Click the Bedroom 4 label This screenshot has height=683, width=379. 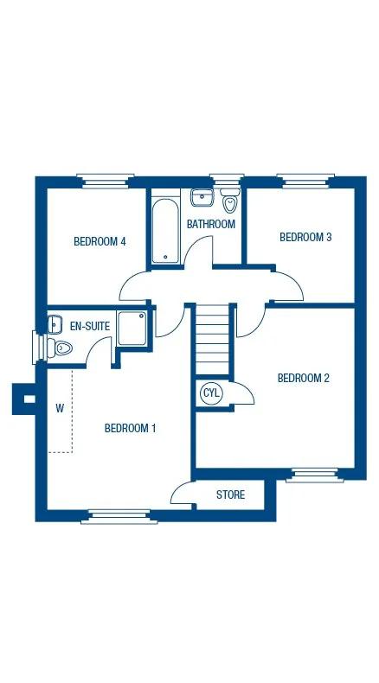pos(100,241)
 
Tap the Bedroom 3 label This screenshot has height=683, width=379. pos(305,238)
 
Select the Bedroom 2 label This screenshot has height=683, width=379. pos(304,378)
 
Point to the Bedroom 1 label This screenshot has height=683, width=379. pos(130,428)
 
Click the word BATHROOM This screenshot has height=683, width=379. pos(211,224)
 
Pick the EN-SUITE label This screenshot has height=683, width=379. pos(90,326)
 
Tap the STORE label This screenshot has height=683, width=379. pos(231,495)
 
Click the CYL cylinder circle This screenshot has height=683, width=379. pos(212,393)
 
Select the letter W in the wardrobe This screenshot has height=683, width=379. pos(60,409)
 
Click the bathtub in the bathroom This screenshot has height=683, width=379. pos(165,231)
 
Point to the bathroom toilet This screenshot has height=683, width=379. pos(230,200)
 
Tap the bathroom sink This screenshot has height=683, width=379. pos(202,197)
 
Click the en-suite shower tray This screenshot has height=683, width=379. pos(132,329)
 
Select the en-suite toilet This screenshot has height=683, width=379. pos(60,348)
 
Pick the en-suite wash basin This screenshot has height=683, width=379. pos(54,324)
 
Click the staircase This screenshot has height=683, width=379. pos(212,340)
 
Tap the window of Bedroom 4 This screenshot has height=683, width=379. pos(105,181)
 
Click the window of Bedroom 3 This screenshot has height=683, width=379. pos(305,181)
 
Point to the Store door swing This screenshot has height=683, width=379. pos(182,493)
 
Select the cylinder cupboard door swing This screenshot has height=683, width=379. pos(244,393)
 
